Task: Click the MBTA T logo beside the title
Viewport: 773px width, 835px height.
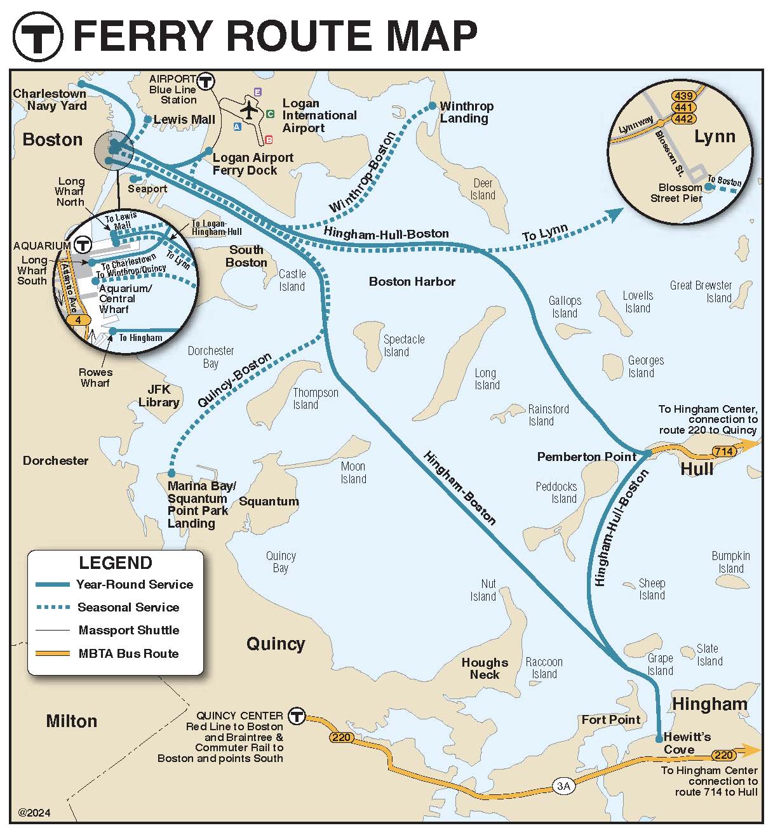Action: pyautogui.click(x=38, y=37)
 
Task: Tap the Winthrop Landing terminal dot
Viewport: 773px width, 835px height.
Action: pyautogui.click(x=433, y=106)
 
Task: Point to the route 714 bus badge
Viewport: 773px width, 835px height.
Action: pyautogui.click(x=724, y=452)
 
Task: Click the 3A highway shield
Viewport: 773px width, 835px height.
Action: pyautogui.click(x=563, y=785)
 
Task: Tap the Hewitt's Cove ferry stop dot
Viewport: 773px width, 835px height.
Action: pyautogui.click(x=659, y=738)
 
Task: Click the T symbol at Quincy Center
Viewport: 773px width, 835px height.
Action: pyautogui.click(x=297, y=716)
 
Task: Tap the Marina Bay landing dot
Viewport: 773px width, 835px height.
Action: pyautogui.click(x=171, y=473)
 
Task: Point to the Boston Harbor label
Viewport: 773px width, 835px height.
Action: pyautogui.click(x=412, y=281)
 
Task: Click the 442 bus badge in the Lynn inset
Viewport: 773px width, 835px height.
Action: pyautogui.click(x=684, y=119)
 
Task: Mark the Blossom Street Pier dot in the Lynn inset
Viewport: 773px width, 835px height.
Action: pyautogui.click(x=708, y=187)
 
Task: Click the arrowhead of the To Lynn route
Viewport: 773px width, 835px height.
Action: pyautogui.click(x=615, y=215)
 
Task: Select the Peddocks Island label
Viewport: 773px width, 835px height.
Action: pyautogui.click(x=556, y=493)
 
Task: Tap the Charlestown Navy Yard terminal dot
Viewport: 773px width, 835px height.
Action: pyautogui.click(x=81, y=84)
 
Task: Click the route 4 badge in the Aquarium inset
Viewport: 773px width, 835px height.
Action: pyautogui.click(x=79, y=320)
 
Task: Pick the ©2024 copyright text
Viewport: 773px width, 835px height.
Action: pyautogui.click(x=34, y=813)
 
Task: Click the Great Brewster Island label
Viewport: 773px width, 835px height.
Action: pyautogui.click(x=701, y=291)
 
